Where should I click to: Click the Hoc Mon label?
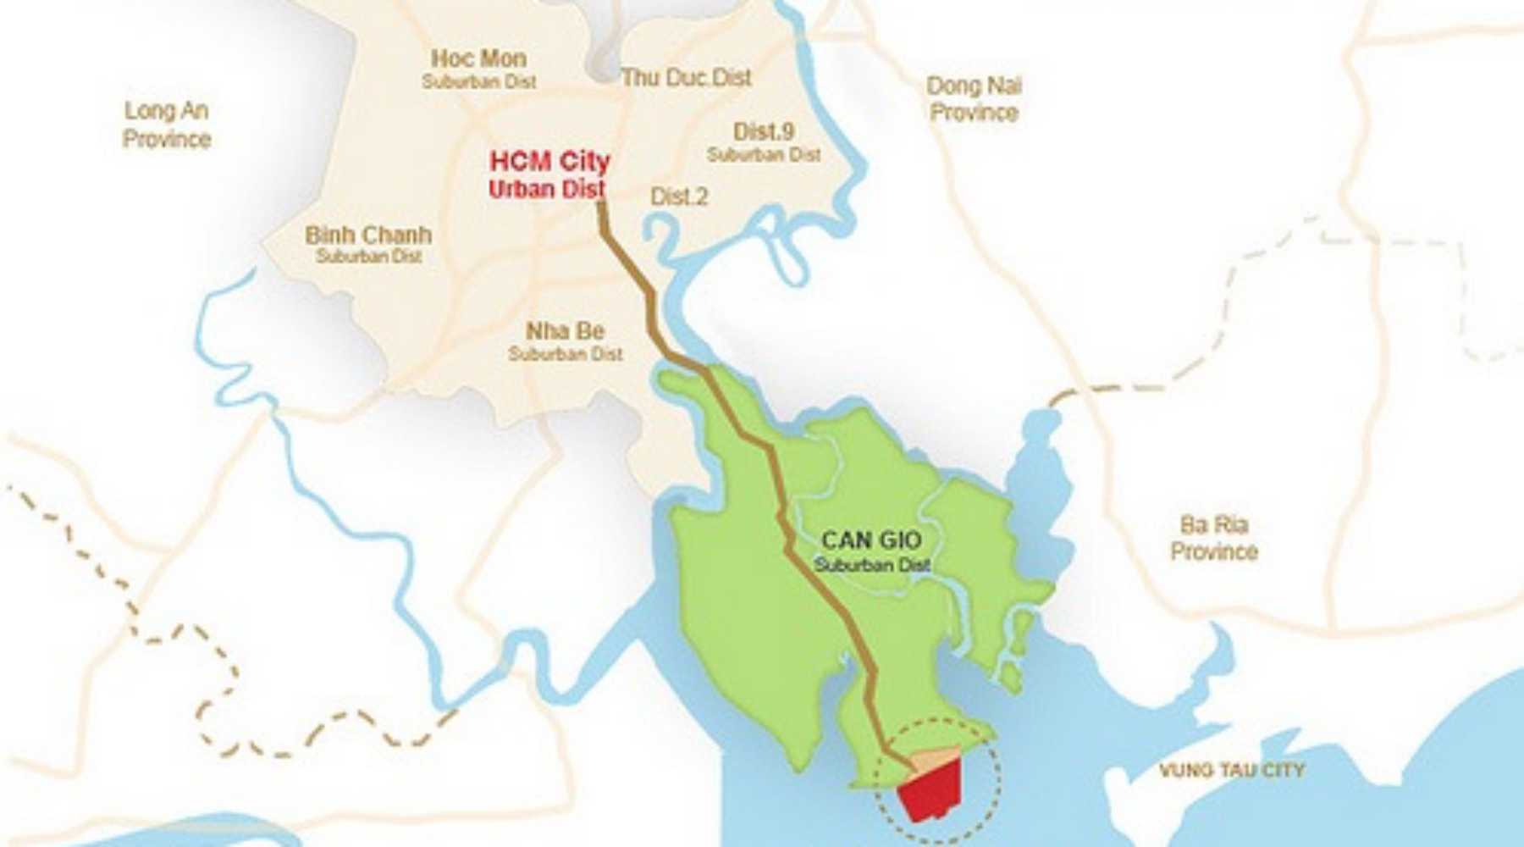[478, 58]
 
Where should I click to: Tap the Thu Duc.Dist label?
[686, 77]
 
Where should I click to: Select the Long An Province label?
[166, 125]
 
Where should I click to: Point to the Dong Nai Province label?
[974, 99]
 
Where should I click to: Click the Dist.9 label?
[764, 131]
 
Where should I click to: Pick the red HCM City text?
[549, 161]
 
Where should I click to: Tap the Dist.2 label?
[679, 197]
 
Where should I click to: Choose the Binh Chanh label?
[368, 235]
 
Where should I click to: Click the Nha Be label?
[565, 330]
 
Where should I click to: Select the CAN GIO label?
[872, 540]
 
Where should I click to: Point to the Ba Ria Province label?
[1213, 538]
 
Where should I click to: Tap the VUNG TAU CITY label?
[1232, 770]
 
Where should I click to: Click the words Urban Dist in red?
[547, 189]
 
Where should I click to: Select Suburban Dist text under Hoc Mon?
[479, 82]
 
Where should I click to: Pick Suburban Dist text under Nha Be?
[566, 353]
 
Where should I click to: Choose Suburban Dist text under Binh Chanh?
[368, 256]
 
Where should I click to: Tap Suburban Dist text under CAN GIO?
[872, 564]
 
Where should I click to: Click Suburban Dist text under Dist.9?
[764, 155]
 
